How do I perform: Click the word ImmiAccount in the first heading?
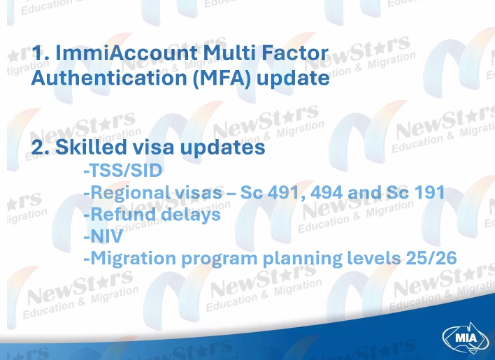tap(127, 52)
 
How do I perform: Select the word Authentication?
tap(109, 78)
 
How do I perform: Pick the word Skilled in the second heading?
tap(91, 147)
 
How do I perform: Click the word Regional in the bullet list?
tap(129, 193)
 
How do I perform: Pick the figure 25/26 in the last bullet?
tap(431, 258)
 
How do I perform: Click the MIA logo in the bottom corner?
tap(466, 338)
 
